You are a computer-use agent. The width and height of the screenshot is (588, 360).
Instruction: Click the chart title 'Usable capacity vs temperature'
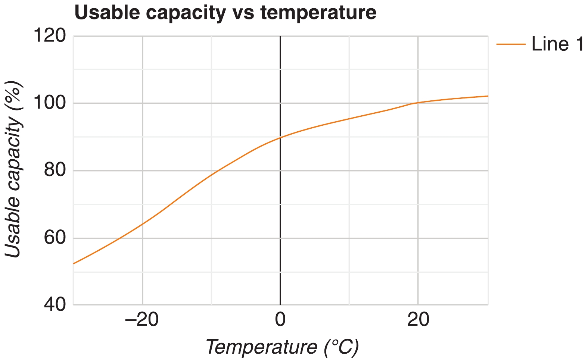click(225, 13)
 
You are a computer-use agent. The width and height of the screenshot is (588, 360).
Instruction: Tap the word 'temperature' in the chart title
click(318, 13)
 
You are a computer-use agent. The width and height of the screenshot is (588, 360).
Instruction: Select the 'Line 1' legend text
click(557, 44)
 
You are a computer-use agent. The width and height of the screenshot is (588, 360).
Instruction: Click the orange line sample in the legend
click(511, 44)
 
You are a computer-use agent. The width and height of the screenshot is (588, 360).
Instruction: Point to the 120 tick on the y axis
click(49, 36)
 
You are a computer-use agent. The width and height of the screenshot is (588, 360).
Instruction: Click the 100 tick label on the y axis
click(49, 103)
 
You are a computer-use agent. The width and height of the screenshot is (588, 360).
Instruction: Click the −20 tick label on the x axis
click(142, 320)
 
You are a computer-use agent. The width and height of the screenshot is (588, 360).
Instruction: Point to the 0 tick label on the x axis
click(280, 320)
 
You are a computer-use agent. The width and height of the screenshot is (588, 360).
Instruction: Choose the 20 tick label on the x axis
click(418, 320)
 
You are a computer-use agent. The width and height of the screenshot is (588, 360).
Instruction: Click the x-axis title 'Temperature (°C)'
click(282, 347)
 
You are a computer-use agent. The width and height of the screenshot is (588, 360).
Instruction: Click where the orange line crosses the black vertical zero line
click(280, 138)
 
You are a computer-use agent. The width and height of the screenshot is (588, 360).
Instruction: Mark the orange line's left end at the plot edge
click(74, 263)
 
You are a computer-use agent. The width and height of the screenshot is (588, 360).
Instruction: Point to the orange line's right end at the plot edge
click(488, 96)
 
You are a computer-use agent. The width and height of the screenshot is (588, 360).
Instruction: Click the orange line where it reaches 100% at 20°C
click(418, 103)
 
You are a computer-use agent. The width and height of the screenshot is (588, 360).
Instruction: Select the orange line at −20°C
click(142, 224)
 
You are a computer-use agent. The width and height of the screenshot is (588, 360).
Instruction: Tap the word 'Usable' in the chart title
click(107, 13)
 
